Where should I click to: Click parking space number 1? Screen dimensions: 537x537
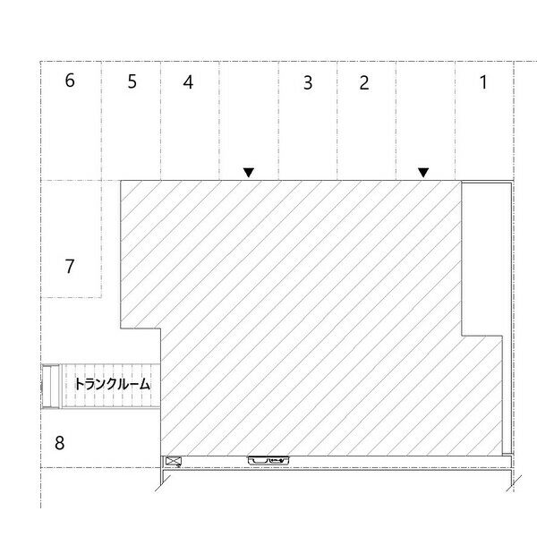483,82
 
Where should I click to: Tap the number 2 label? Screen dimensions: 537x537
364,83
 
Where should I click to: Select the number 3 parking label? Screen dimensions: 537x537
308,83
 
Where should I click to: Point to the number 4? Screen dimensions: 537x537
188,82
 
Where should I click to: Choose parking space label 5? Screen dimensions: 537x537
132,81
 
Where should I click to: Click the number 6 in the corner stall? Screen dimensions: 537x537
70,81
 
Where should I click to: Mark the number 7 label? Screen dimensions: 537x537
70,267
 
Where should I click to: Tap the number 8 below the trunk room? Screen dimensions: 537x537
59,443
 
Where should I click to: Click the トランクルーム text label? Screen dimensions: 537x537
113,384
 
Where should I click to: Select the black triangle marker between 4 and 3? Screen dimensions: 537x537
249,172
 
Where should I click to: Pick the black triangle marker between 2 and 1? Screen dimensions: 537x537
423,172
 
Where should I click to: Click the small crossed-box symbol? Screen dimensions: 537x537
174,461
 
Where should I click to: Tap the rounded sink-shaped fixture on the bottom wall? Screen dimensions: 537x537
268,461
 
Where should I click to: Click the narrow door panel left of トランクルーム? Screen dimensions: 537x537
51,387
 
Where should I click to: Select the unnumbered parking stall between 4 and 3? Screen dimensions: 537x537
249,121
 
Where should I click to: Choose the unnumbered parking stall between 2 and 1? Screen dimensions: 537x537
426,121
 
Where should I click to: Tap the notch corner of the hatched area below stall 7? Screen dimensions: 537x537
161,328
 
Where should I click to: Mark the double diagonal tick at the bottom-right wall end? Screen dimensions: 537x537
514,483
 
